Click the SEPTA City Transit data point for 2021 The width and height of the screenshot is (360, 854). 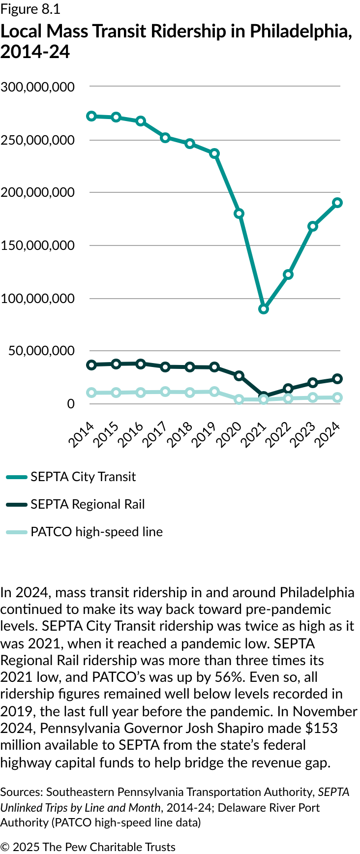264,309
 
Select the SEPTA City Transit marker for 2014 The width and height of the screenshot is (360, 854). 91,116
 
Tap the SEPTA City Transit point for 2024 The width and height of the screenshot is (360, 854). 337,203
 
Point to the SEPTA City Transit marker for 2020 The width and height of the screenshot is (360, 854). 239,213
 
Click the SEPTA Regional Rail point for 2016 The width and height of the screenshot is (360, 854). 141,364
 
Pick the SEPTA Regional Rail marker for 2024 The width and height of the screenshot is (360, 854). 337,379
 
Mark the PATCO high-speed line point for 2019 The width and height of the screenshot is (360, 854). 214,392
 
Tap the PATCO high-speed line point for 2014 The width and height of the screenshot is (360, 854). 91,393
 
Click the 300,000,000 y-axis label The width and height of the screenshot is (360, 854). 38,87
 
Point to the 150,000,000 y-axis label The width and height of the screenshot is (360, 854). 38,245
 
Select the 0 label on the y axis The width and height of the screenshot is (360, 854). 71,404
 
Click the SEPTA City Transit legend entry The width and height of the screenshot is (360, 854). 83,477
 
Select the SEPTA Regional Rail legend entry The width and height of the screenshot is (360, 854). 88,504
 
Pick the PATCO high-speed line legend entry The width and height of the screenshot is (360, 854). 96,532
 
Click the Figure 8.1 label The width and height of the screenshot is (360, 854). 30,9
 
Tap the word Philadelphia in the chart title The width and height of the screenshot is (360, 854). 300,31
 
